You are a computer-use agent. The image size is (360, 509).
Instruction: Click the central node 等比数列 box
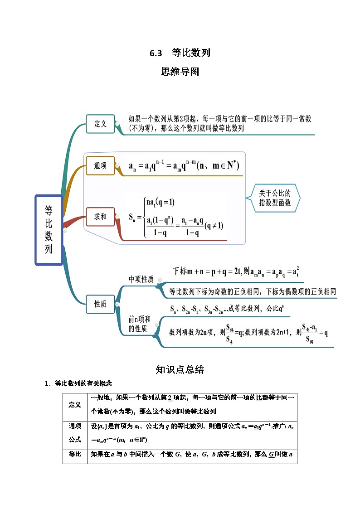pyautogui.click(x=49, y=230)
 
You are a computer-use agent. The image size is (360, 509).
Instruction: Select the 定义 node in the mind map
pyautogui.click(x=100, y=124)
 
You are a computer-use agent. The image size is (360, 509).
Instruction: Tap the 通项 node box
pyautogui.click(x=100, y=166)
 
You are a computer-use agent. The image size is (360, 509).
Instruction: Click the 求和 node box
pyautogui.click(x=100, y=217)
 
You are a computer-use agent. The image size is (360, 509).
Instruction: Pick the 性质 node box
pyautogui.click(x=100, y=304)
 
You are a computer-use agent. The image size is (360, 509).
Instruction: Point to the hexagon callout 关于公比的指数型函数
pyautogui.click(x=274, y=198)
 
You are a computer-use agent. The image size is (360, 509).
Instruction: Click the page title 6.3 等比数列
pyautogui.click(x=180, y=53)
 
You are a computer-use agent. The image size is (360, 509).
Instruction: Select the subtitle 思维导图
pyautogui.click(x=180, y=72)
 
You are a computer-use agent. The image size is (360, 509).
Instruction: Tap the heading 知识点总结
pyautogui.click(x=180, y=370)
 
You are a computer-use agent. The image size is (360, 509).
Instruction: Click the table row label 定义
pyautogui.click(x=75, y=405)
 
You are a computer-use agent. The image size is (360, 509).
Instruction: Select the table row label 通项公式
pyautogui.click(x=75, y=433)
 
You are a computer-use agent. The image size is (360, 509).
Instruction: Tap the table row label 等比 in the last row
pyautogui.click(x=75, y=454)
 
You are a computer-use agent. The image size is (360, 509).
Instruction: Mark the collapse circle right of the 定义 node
pyautogui.click(x=117, y=124)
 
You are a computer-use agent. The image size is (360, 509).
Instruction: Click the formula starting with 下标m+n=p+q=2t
pyautogui.click(x=236, y=271)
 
